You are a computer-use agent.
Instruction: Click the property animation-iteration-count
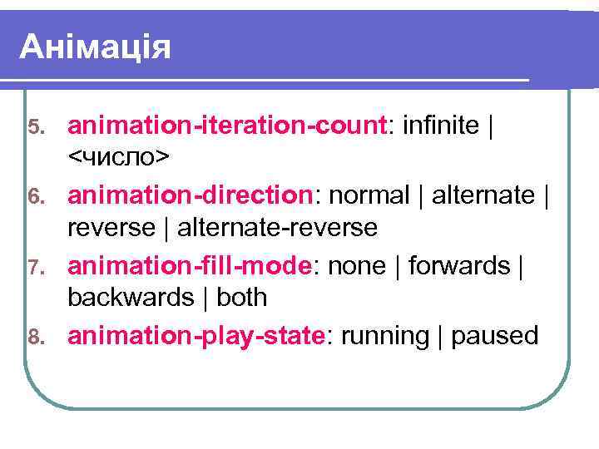tap(227, 126)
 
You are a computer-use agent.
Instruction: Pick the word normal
tap(371, 196)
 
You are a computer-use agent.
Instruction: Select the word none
tap(356, 266)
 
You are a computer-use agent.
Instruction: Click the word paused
tap(494, 337)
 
